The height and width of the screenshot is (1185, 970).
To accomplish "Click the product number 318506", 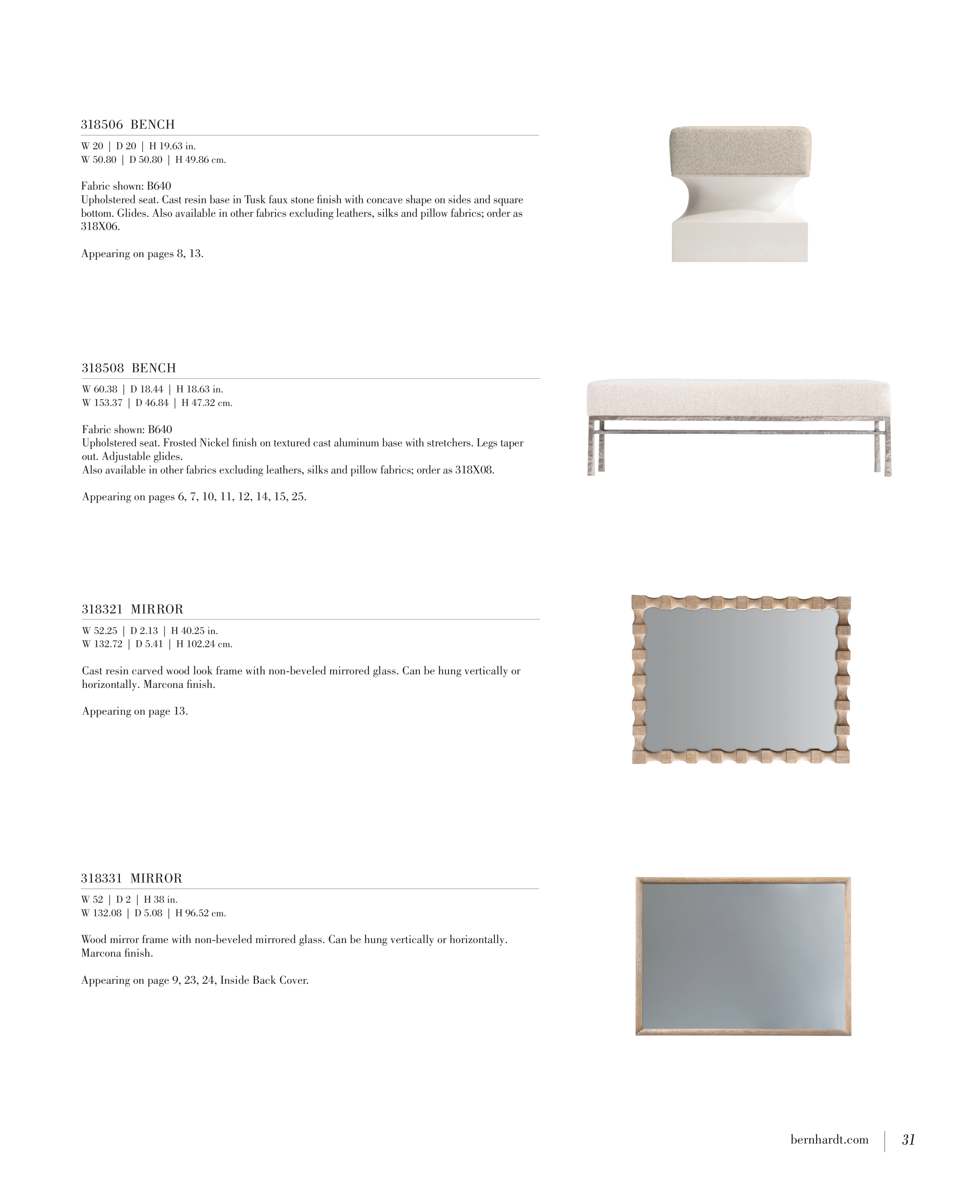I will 102,124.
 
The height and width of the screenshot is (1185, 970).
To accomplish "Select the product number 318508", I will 103,368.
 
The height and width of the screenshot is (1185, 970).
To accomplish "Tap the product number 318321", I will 102,609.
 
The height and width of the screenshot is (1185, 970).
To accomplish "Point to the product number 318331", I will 101,878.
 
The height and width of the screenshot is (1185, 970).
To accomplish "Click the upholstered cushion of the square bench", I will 740,151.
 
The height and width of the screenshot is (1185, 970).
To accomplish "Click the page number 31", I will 908,1139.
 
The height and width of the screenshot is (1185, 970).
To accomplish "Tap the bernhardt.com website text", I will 829,1139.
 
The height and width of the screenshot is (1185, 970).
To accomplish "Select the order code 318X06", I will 100,227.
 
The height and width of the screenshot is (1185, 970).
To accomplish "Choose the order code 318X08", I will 475,470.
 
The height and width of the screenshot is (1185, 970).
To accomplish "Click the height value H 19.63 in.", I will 172,146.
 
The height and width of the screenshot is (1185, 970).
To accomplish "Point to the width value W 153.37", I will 102,403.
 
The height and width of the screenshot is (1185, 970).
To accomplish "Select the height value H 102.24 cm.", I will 204,644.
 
